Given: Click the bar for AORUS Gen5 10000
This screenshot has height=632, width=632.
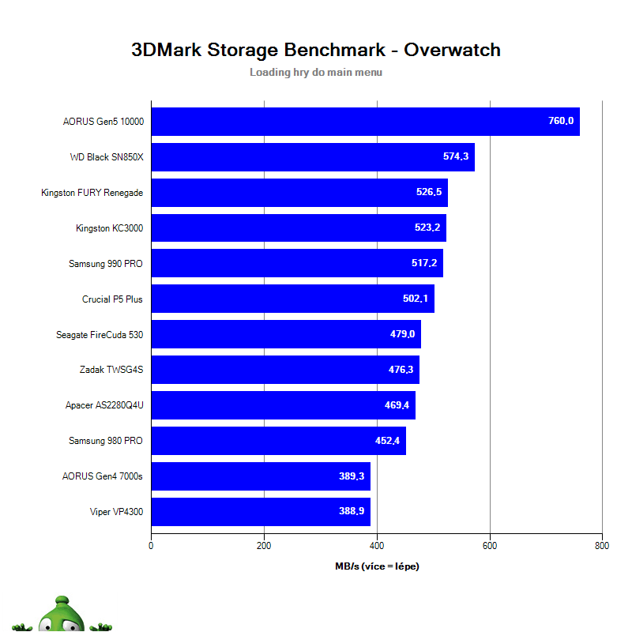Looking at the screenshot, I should tap(365, 122).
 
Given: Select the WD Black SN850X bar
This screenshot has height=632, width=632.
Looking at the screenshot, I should tap(312, 157).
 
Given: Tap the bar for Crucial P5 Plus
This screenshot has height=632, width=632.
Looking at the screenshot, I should tap(292, 299).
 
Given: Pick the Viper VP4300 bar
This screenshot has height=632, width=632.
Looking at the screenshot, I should tap(261, 511).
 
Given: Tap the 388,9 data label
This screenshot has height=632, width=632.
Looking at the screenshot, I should tap(352, 511).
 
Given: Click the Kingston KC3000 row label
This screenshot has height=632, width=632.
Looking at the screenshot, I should tap(109, 228).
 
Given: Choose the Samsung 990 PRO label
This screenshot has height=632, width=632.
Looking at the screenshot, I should tap(106, 264).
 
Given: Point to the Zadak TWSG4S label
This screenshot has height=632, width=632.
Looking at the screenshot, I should tap(111, 370).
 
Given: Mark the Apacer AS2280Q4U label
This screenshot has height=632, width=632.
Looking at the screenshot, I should tap(104, 405).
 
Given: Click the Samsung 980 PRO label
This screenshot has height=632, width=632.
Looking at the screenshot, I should tap(106, 441).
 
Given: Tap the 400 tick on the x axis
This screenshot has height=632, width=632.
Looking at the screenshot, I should tap(377, 545).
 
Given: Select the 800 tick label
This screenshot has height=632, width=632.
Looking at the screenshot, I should tap(602, 545).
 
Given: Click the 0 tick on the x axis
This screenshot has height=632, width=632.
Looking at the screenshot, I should tap(151, 545).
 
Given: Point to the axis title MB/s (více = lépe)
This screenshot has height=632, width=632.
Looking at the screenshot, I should tap(376, 566).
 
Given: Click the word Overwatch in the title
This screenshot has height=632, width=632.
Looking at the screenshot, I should tap(452, 50).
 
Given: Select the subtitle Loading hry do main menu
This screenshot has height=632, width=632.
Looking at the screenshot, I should tap(316, 72).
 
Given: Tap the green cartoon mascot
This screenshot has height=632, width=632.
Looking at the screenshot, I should tap(62, 615).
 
